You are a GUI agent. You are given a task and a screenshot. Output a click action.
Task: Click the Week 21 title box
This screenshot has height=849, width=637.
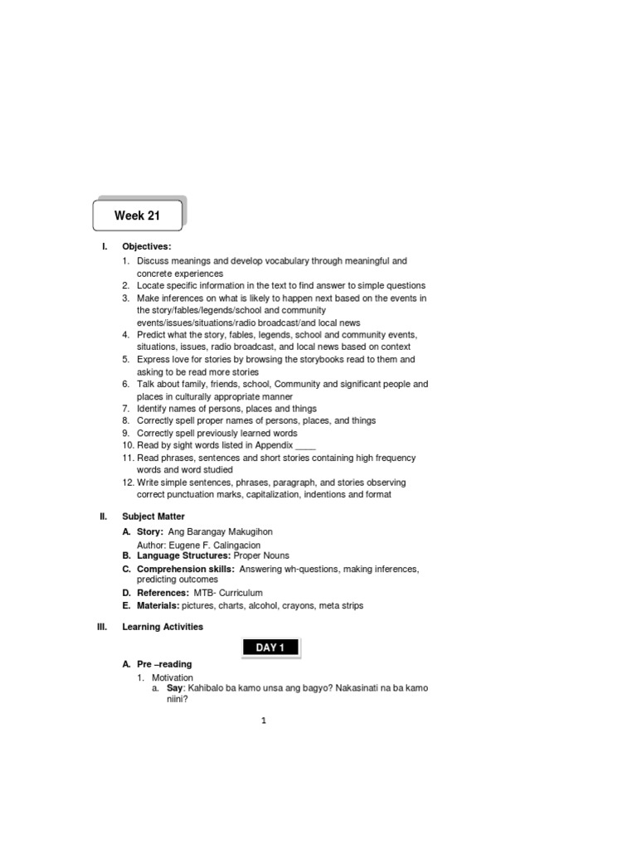[x=138, y=216]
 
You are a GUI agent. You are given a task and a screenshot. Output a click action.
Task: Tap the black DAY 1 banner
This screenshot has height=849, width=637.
[x=270, y=648]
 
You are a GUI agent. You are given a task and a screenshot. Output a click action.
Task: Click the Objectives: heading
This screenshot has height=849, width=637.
[x=147, y=246]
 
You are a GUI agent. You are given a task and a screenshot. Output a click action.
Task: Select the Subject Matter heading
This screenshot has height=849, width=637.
[x=153, y=517]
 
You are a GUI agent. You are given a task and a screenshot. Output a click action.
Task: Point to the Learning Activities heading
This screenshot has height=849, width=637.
[x=163, y=627]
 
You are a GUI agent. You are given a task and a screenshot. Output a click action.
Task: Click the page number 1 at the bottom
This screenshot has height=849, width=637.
[x=264, y=721]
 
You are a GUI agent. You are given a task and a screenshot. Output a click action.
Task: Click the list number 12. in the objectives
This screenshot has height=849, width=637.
[x=127, y=483]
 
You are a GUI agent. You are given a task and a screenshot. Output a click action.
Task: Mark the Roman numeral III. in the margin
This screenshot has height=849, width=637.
[x=103, y=627]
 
